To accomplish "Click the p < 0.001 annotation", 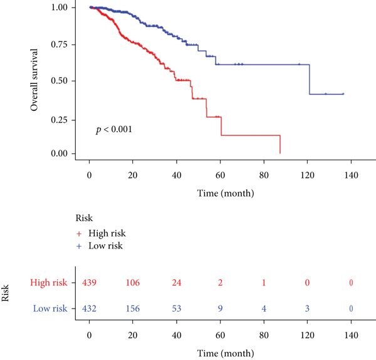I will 113,130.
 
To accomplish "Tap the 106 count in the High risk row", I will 133,284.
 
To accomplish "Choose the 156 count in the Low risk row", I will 133,307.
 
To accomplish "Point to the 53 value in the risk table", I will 176,307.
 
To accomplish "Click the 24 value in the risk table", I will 176,284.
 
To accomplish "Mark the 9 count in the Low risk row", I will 220,307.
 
